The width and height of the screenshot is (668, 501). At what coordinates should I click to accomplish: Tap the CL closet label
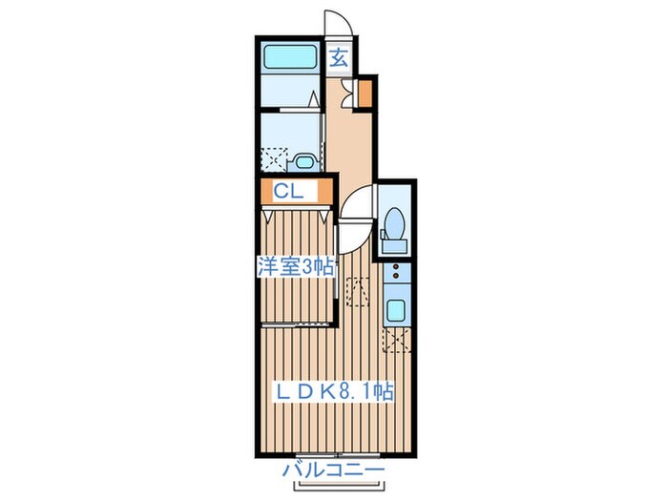(x=288, y=191)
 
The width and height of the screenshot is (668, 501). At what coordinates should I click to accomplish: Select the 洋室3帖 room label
(x=295, y=267)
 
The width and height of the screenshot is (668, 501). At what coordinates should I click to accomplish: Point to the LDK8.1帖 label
(x=333, y=391)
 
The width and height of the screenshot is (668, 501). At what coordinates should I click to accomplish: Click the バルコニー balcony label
(x=334, y=470)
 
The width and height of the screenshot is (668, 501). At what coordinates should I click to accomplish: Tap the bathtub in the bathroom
(x=289, y=57)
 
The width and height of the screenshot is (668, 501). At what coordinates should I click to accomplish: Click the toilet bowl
(x=395, y=222)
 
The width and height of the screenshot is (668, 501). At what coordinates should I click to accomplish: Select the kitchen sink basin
(x=396, y=310)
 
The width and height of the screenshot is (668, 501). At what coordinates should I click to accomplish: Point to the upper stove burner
(x=396, y=267)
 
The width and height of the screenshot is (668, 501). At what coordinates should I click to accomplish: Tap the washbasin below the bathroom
(x=304, y=162)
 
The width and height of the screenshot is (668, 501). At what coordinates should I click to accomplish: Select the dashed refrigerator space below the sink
(x=397, y=340)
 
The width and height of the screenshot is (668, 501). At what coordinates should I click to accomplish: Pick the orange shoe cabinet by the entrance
(x=365, y=94)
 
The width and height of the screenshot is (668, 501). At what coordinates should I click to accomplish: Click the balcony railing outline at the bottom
(x=341, y=486)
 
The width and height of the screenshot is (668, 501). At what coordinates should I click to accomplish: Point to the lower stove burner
(x=396, y=276)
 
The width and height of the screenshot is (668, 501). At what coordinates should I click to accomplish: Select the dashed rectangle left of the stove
(x=358, y=292)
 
